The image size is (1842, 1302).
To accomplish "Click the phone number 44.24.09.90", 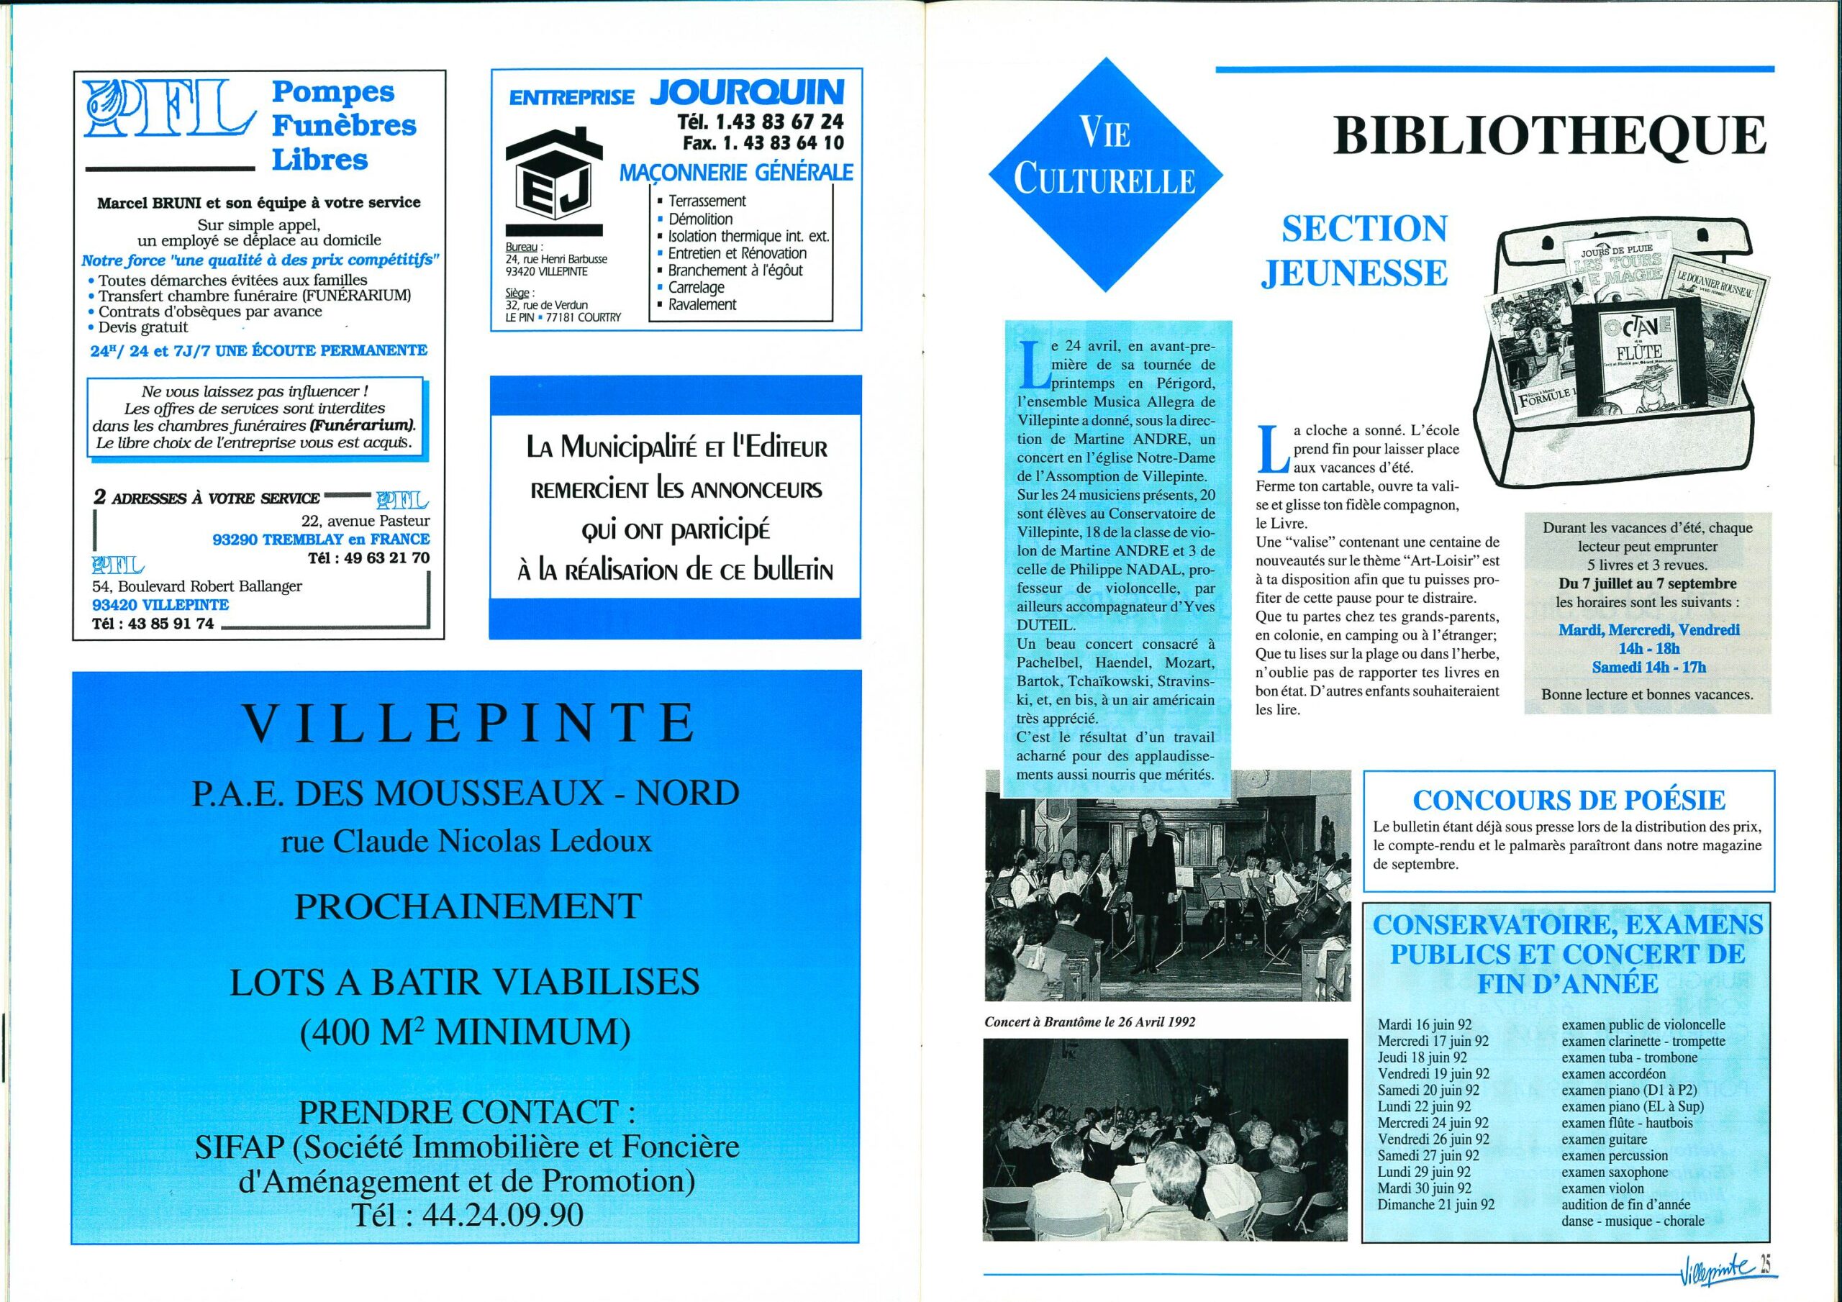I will (468, 1214).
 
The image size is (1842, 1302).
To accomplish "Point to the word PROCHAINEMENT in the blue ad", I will (468, 906).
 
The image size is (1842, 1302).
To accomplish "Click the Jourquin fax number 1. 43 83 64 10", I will (762, 143).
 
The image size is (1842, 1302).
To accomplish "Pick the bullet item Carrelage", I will (696, 287).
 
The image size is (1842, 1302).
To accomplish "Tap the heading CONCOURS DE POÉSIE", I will (1569, 800).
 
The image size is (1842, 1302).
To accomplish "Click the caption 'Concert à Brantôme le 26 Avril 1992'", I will (1089, 1022).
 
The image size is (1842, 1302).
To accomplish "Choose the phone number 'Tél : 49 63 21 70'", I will (368, 557).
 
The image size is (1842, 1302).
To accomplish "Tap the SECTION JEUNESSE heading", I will (1354, 250).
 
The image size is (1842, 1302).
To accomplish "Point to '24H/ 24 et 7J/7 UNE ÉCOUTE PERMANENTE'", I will (258, 350).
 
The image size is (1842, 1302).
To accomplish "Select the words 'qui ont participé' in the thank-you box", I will (675, 530).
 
